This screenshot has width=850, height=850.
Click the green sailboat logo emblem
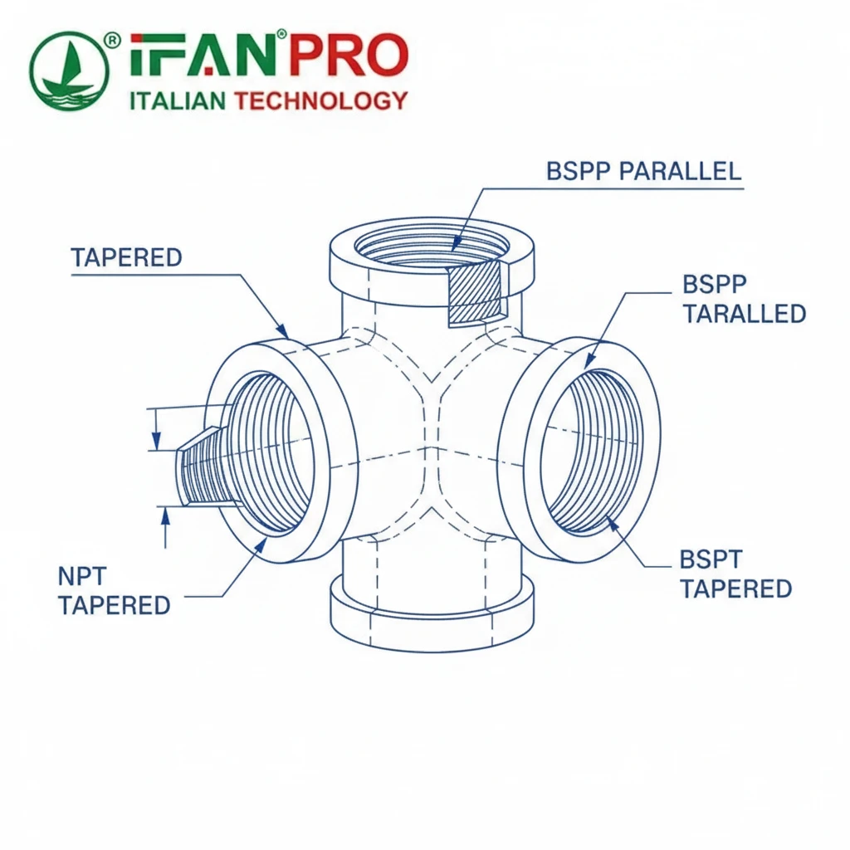tap(69, 72)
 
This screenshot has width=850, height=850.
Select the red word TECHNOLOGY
tap(321, 101)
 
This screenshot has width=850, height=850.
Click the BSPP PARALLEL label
tap(643, 171)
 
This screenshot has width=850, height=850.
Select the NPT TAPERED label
tap(114, 590)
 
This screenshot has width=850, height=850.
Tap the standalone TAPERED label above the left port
tap(126, 257)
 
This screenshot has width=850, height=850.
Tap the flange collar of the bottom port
tap(432, 614)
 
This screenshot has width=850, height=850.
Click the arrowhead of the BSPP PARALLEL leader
tap(455, 246)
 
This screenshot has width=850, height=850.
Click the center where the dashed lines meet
tap(431, 449)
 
